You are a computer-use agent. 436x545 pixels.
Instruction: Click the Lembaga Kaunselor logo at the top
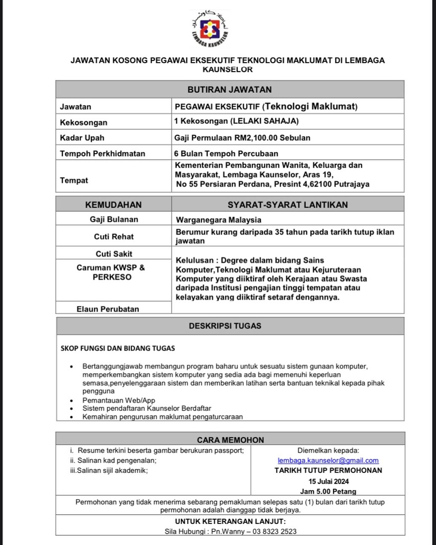[x=209, y=29]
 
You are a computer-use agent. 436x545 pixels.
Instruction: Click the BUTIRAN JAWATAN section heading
[x=230, y=89]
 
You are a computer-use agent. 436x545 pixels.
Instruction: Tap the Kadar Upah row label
[x=82, y=138]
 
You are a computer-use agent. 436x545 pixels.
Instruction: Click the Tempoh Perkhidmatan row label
[x=102, y=153]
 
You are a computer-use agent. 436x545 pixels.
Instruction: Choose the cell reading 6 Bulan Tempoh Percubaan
[x=226, y=153]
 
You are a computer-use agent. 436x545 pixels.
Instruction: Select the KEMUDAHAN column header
[x=113, y=205]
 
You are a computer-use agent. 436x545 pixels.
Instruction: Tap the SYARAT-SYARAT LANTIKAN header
[x=288, y=205]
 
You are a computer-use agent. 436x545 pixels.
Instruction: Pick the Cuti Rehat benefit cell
[x=114, y=237]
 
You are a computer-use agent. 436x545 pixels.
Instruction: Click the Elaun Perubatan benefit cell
[x=108, y=309]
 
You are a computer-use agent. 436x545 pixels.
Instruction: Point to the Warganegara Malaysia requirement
[x=219, y=220]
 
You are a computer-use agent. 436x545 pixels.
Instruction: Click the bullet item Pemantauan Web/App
[x=119, y=400]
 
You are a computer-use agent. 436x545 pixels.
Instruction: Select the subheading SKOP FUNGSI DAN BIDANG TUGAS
[x=118, y=348]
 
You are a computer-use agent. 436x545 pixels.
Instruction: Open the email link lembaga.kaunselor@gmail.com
[x=328, y=460]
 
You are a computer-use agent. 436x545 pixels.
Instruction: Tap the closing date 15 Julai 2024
[x=329, y=481]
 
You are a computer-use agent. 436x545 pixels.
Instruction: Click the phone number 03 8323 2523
[x=274, y=532]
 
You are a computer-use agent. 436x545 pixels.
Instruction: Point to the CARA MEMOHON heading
[x=230, y=440]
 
